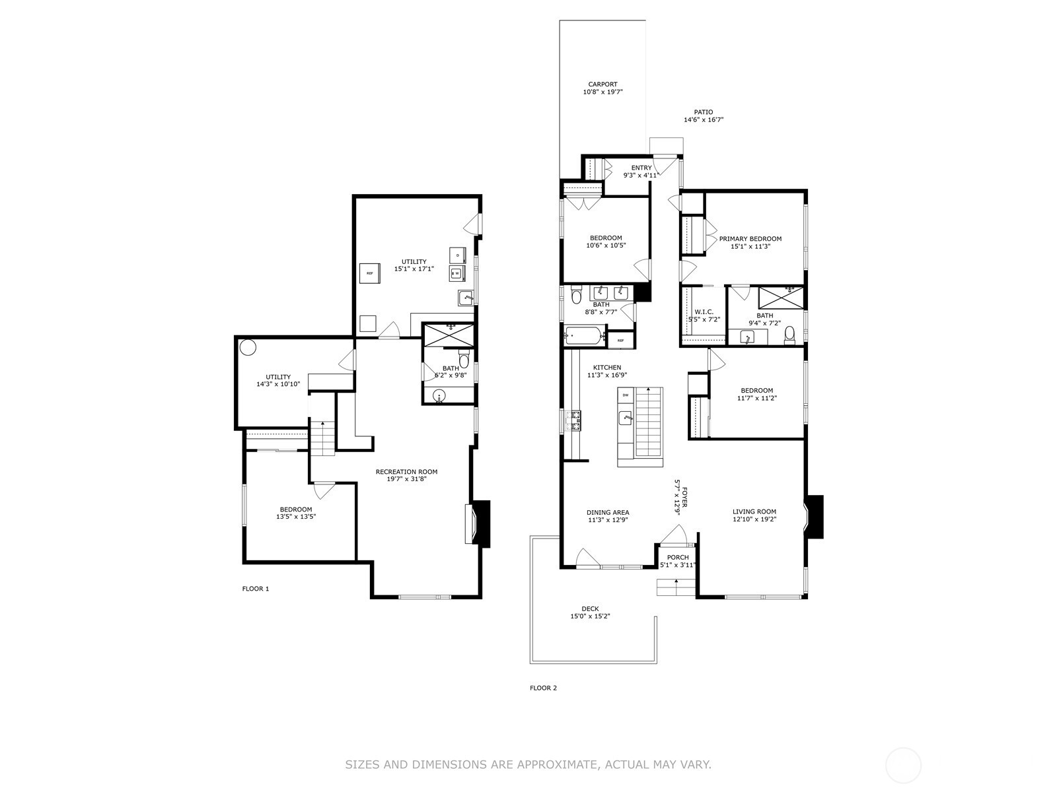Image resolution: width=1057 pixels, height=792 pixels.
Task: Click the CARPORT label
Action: point(602,84)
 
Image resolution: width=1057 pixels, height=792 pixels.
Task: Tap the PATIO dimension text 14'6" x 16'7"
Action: point(704,119)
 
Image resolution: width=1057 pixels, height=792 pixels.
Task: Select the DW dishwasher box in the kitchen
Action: point(626,395)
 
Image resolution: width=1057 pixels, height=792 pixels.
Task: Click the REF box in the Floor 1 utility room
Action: point(370,273)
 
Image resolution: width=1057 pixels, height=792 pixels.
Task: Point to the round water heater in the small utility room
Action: point(248,347)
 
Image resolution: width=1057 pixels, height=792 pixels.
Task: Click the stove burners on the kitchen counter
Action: point(575,420)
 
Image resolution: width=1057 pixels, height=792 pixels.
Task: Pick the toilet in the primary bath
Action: point(789,335)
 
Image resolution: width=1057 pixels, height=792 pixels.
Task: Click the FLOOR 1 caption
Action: point(255,589)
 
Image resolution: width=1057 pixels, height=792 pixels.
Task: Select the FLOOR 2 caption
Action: point(543,688)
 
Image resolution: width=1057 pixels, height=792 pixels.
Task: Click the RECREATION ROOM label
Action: point(406,472)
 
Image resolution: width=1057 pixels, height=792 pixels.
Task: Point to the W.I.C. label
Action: point(704,312)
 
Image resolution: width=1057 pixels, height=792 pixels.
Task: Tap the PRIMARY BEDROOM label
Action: point(750,238)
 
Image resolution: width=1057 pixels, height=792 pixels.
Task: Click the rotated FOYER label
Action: point(684,497)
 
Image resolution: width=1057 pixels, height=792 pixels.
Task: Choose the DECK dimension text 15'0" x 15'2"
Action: point(590,616)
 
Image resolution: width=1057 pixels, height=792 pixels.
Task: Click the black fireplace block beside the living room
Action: point(815,517)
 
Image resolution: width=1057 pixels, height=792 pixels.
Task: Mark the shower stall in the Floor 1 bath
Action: point(449,335)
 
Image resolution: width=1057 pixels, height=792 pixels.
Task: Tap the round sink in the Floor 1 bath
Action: point(439,396)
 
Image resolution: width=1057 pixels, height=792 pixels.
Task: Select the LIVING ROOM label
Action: point(754,511)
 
